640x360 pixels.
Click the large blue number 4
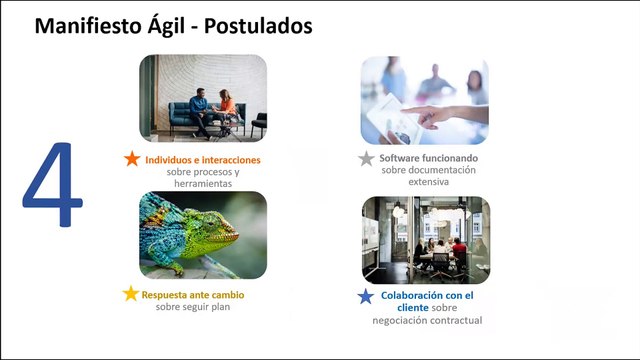tap(53, 189)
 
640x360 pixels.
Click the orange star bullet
tap(132, 159)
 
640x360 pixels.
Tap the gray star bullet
tap(368, 159)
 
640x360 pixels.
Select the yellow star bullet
tap(130, 295)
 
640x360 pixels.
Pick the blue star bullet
tap(366, 296)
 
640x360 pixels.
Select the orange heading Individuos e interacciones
tap(203, 160)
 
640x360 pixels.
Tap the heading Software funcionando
tap(429, 159)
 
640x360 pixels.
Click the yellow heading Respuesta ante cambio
tap(193, 295)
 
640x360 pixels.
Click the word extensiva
tap(429, 183)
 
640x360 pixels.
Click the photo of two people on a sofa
tap(203, 98)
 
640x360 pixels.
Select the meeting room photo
tap(425, 239)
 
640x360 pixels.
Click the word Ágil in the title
tap(165, 26)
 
